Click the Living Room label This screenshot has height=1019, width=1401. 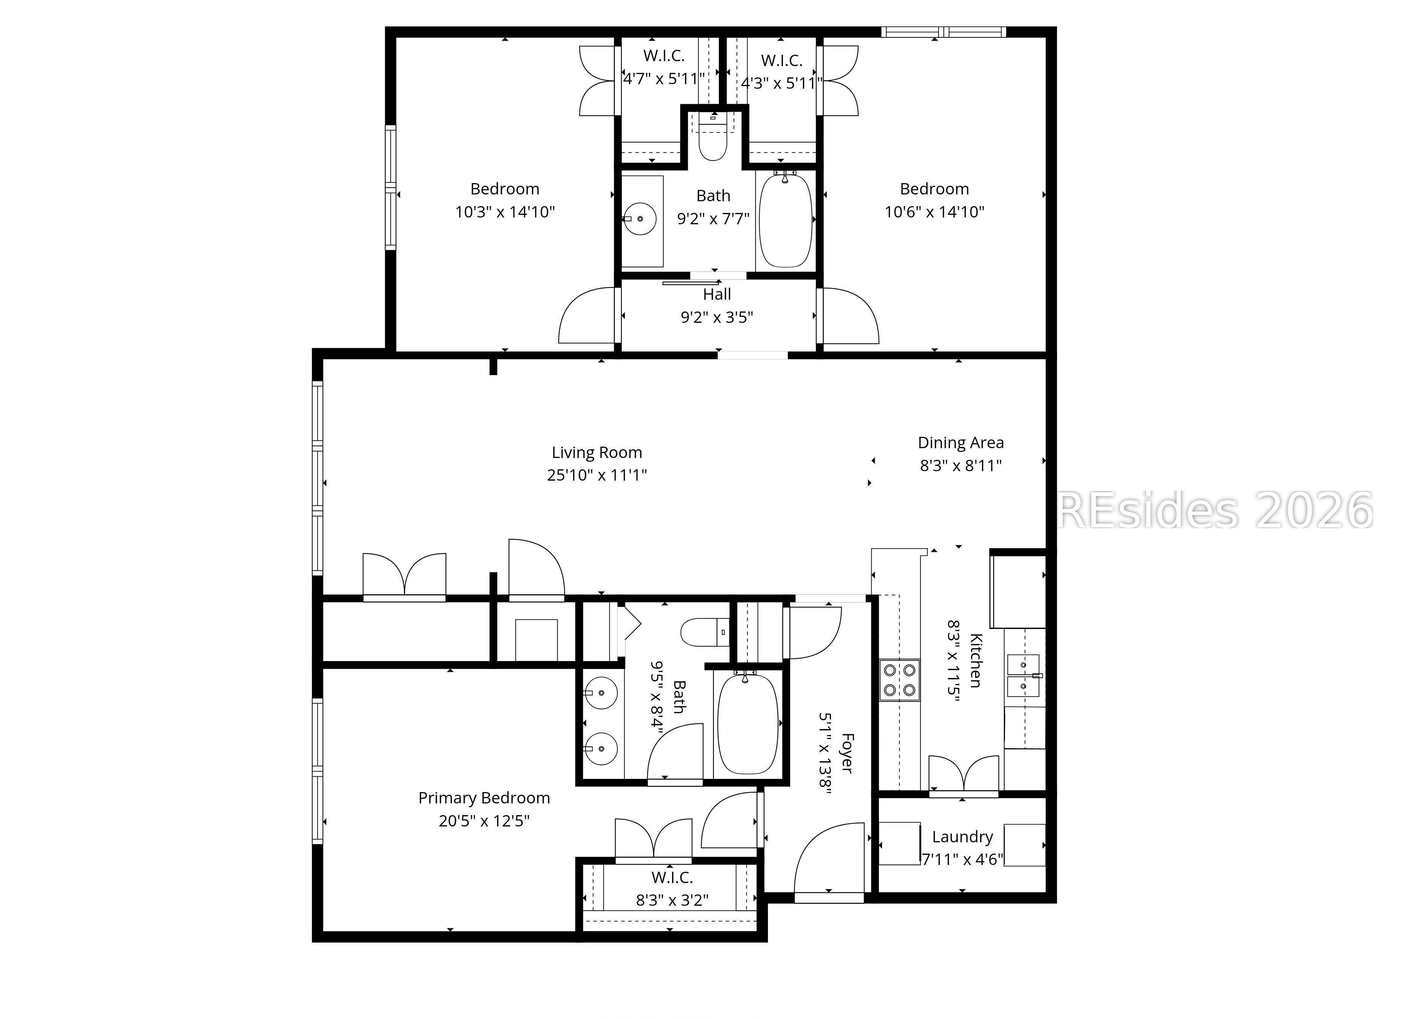click(x=597, y=453)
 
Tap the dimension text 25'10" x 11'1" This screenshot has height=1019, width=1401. click(x=597, y=475)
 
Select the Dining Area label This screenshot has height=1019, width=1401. click(x=960, y=443)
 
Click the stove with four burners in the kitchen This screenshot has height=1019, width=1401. click(x=899, y=680)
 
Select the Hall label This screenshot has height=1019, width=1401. click(x=717, y=294)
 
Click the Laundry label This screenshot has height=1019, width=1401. click(x=962, y=837)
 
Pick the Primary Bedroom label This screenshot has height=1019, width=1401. click(x=484, y=798)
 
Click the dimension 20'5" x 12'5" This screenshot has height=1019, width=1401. click(x=484, y=821)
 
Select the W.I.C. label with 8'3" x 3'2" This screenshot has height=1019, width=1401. click(x=672, y=877)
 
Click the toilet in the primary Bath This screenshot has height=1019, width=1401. click(x=704, y=632)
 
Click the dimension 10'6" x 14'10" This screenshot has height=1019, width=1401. click(x=934, y=212)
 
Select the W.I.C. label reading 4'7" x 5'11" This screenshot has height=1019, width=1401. click(x=664, y=55)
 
